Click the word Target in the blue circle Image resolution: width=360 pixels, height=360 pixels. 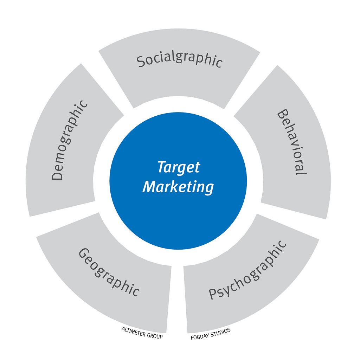pos(178,167)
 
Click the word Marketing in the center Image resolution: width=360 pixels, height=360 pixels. pos(178,187)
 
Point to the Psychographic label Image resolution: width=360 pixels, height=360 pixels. pos(247,270)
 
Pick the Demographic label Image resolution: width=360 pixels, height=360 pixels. pos(70,140)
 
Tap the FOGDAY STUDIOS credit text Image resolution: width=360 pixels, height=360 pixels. pos(210,334)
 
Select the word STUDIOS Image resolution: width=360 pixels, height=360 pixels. pos(220,332)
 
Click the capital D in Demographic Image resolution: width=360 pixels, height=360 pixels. pos(57,175)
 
